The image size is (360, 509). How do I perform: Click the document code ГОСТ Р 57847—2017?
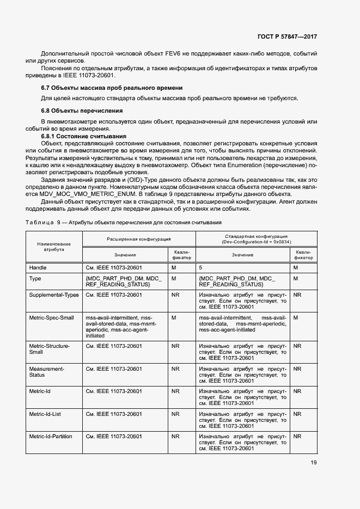point(286,36)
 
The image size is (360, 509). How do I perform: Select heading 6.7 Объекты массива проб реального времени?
point(112,88)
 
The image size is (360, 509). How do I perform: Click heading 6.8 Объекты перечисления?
point(82,110)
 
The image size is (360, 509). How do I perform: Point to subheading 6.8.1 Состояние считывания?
point(84,136)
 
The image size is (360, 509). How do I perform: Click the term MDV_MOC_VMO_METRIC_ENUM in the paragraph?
point(82,194)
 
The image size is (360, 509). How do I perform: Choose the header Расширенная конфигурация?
point(138,239)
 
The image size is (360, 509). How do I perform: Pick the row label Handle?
point(38,268)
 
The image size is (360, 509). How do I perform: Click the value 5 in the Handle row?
point(200,268)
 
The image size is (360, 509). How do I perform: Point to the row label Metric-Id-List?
point(45,414)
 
